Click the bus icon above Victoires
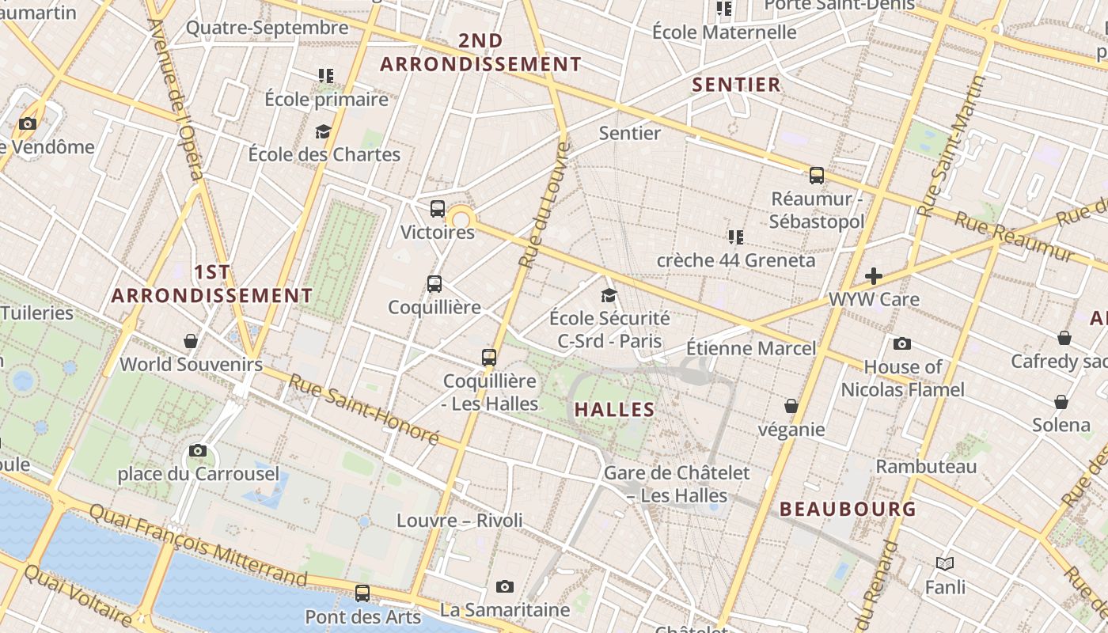coord(438,209)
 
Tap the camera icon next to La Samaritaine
coord(505,586)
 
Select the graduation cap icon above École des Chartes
coord(323,131)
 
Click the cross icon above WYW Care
coord(874,276)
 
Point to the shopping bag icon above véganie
coord(791,406)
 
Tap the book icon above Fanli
coord(945,563)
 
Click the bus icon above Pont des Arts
coord(362,593)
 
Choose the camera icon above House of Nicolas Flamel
coord(902,343)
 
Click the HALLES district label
coord(614,409)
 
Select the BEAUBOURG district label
coord(848,509)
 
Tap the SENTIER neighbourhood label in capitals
coord(736,85)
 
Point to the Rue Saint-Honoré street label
coord(363,408)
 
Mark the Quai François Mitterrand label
coord(197,543)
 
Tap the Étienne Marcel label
coord(750,348)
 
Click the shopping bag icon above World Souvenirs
coord(191,341)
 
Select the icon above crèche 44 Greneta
coord(736,237)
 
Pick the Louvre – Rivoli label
coord(460,520)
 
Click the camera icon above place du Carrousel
coord(198,450)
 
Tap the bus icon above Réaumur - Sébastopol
coord(817,176)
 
